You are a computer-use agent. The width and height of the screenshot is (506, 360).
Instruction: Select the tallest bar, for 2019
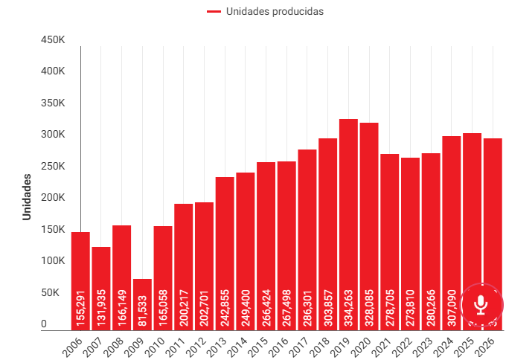click(348, 223)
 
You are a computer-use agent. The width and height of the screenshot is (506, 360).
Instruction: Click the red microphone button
click(481, 304)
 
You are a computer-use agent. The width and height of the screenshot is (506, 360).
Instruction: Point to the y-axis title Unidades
click(27, 196)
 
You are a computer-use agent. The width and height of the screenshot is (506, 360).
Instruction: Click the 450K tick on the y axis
click(54, 39)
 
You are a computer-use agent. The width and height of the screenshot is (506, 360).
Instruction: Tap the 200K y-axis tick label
click(54, 198)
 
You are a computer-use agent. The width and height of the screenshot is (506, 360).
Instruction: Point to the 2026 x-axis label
click(487, 344)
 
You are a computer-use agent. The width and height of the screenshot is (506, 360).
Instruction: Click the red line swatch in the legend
click(214, 11)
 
